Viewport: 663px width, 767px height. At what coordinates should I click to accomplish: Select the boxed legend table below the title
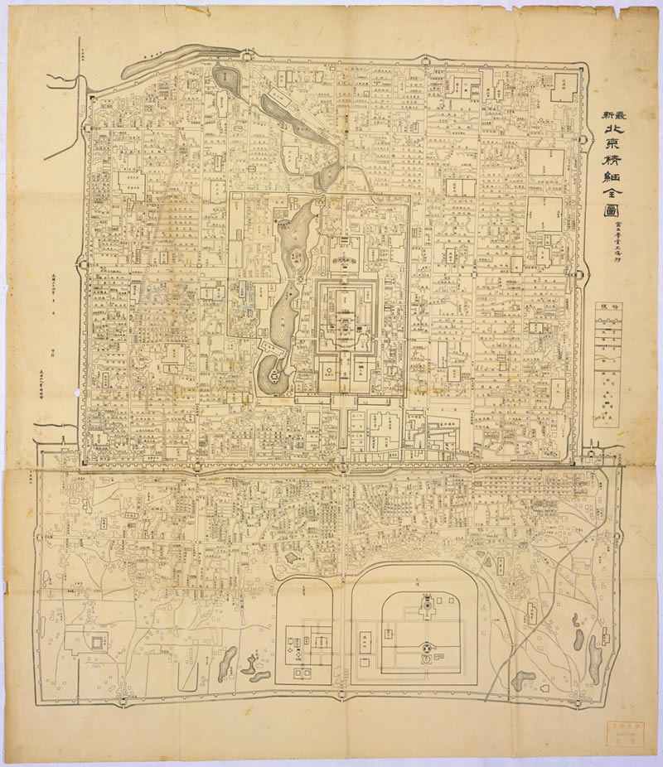(x=607, y=364)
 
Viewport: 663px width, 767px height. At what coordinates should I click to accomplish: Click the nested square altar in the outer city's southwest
(x=97, y=642)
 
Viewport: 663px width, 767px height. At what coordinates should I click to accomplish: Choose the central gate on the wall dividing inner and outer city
(x=340, y=466)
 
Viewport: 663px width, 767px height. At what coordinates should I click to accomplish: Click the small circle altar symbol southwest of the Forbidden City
(x=328, y=372)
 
